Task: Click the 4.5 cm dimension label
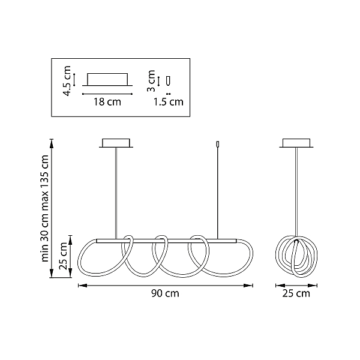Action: (67, 81)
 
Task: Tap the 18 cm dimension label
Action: (107, 102)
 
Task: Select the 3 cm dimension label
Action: (151, 81)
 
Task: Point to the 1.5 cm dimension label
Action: (168, 102)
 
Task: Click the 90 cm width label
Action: (165, 293)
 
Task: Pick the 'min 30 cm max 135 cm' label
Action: (44, 208)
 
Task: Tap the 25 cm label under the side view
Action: (296, 293)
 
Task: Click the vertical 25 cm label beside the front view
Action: (63, 256)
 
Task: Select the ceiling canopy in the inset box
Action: (107, 79)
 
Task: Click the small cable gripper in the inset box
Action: (169, 80)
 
